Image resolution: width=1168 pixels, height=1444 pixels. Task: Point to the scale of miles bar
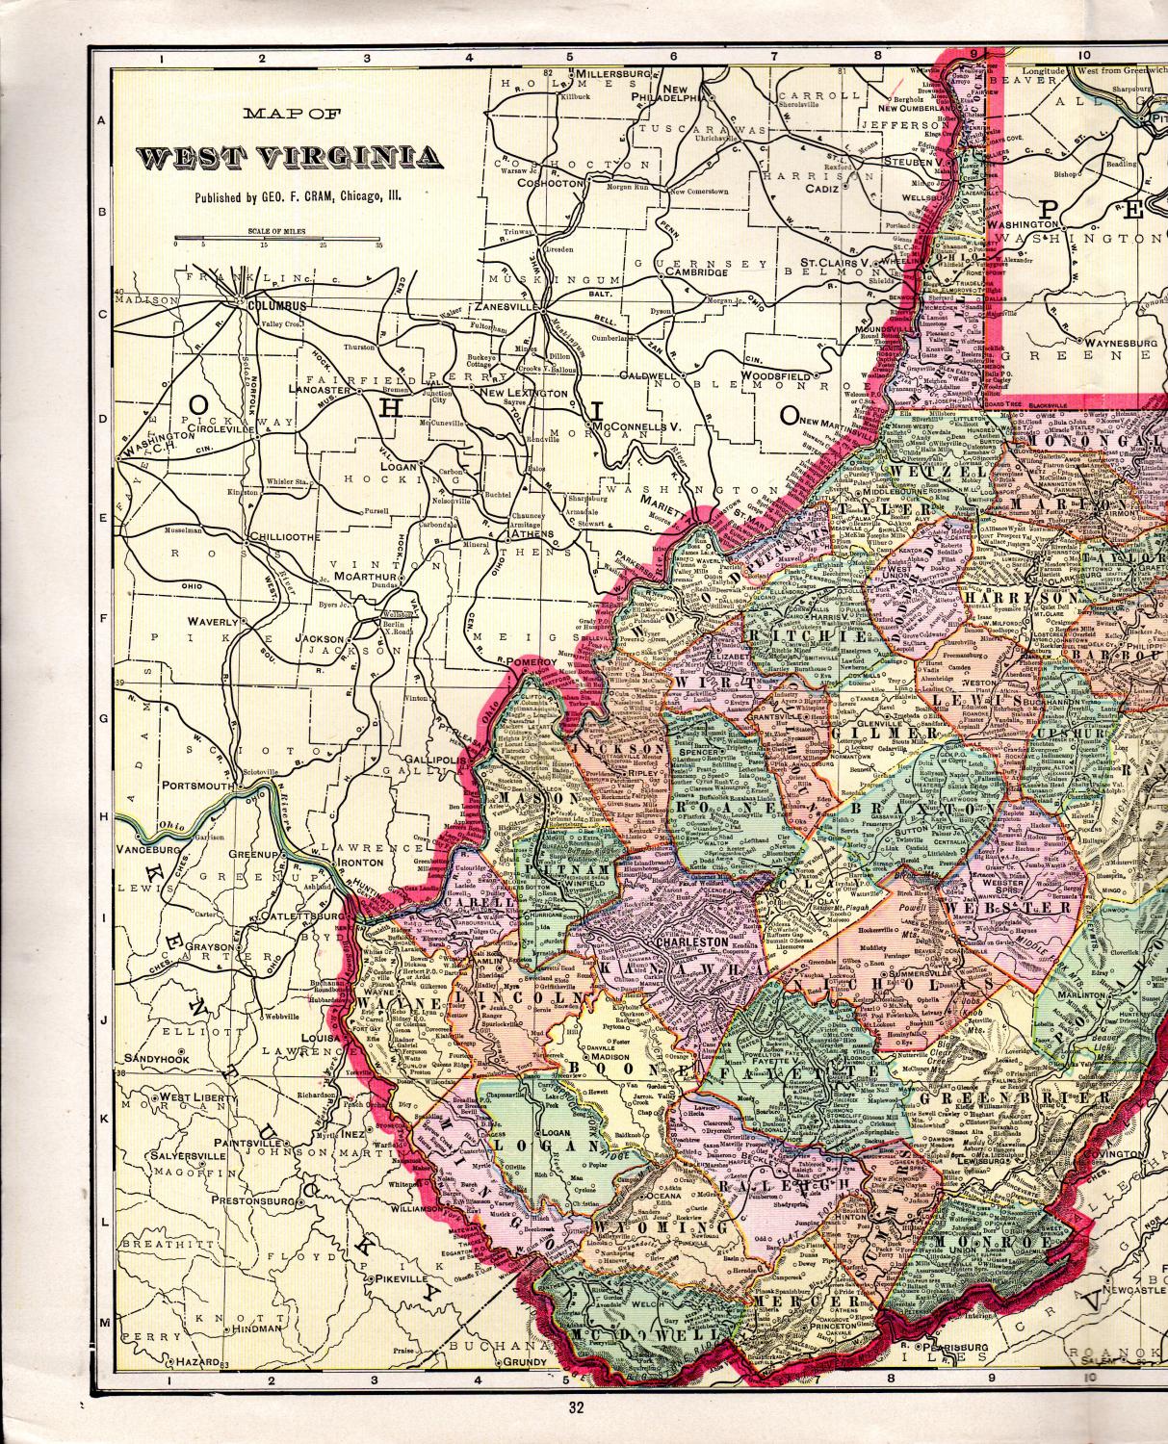277,238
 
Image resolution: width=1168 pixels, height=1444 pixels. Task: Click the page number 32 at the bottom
576,1408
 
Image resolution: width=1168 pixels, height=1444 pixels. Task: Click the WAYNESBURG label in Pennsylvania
1120,342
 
